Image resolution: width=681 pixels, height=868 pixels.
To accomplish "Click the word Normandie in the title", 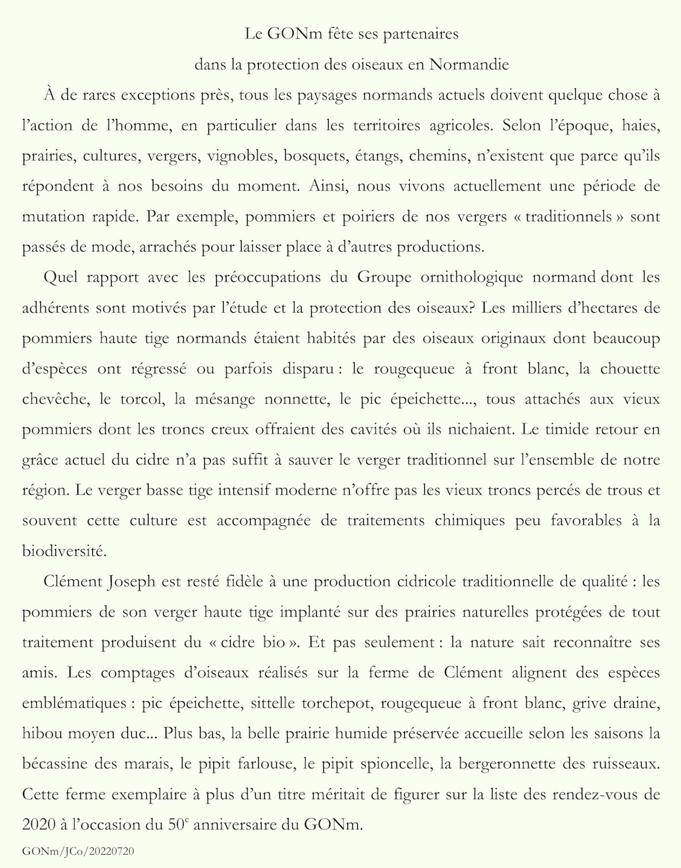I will click(469, 65).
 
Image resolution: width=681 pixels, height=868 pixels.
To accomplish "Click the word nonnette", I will click(293, 399).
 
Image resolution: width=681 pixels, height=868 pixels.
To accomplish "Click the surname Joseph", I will click(132, 582).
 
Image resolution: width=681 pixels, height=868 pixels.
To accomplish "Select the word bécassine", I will click(55, 764).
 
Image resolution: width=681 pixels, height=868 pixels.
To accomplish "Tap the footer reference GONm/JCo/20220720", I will click(78, 852).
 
